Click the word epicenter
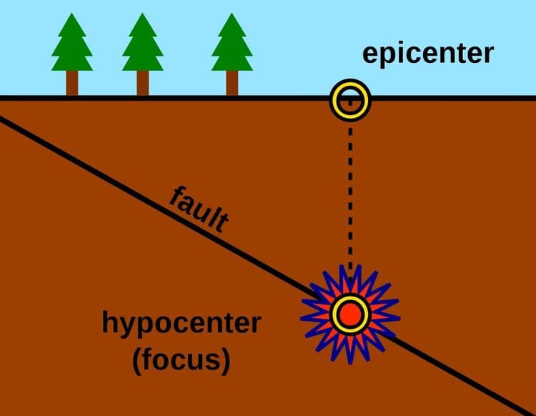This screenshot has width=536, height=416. click(427, 53)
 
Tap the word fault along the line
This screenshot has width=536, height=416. click(199, 210)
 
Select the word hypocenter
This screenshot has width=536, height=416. click(180, 325)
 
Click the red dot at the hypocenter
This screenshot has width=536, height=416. click(350, 313)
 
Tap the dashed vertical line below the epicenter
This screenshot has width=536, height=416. click(350, 193)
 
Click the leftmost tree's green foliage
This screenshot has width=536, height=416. click(72, 50)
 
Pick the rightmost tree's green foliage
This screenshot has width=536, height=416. click(232, 50)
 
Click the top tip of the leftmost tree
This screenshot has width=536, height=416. click(72, 15)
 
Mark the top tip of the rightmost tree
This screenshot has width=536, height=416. click(232, 15)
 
